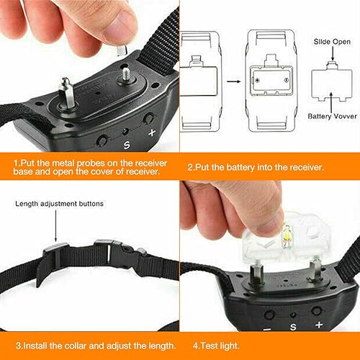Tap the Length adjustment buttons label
(59, 204)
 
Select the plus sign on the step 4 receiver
(318, 325)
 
